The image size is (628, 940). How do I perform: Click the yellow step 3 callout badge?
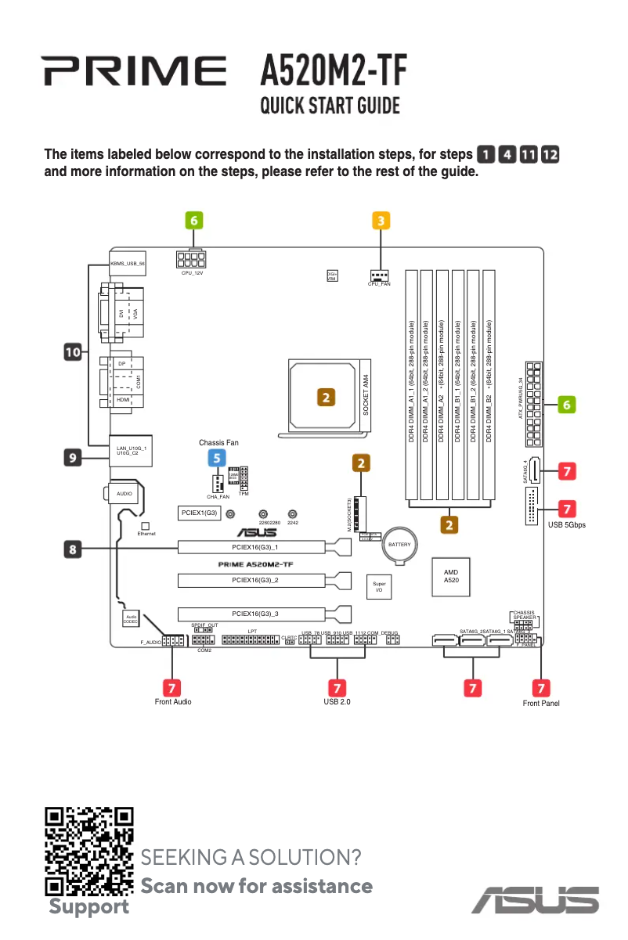pos(380,221)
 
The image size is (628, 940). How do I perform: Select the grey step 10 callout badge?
pos(74,353)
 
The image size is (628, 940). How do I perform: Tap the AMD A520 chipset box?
pos(451,577)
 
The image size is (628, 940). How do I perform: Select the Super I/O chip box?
pos(379,588)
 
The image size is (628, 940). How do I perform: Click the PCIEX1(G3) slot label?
pos(199,513)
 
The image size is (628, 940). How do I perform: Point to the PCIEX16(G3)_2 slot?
pos(255,580)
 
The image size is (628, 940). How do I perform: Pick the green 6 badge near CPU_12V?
pos(193,221)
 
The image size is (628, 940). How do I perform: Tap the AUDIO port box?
pos(125,494)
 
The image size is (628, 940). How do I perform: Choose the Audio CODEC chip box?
pos(131,618)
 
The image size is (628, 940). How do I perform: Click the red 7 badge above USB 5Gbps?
pos(567,508)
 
